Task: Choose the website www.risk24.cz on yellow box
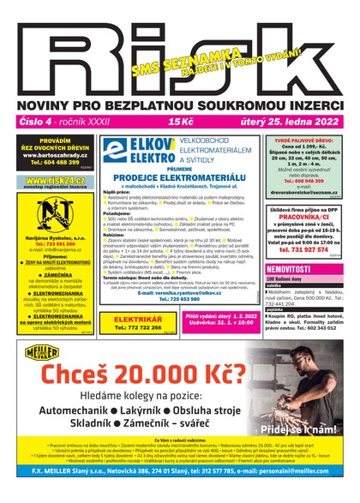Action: (x=48, y=181)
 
